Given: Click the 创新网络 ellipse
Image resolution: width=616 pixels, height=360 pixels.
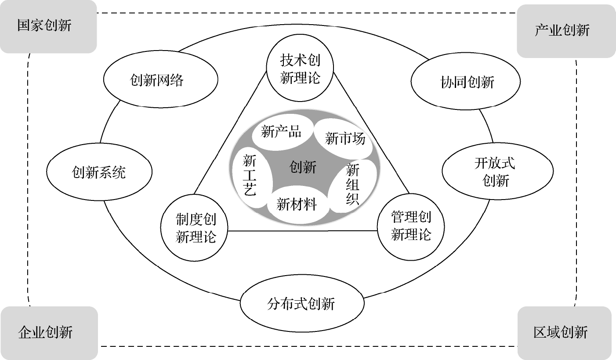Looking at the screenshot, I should point(160,80).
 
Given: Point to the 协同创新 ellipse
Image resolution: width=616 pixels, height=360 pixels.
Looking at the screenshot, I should point(465,82).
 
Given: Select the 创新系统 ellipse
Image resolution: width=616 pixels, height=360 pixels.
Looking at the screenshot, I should point(99,172).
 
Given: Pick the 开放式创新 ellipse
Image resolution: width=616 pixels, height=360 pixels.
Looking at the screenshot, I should point(496,172).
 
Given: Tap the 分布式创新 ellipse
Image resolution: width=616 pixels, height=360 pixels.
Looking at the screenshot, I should point(302,304).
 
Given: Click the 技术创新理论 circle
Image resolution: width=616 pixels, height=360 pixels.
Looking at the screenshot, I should point(300,69).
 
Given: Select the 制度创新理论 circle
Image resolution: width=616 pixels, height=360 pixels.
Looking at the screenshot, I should point(196,228).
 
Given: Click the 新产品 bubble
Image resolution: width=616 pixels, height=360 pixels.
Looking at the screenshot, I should point(281,131).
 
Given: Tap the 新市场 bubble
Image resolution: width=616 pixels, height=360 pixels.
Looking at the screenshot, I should point(345,139).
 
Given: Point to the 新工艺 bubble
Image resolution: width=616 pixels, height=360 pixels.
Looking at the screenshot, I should point(249,175).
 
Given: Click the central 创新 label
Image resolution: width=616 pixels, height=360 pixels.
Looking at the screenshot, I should point(303,167).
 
